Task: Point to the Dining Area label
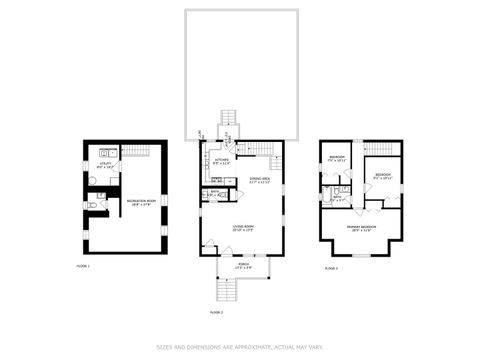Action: point(260,180)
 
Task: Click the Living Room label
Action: point(241,229)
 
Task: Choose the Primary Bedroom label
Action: point(362,228)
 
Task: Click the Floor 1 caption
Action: point(83,267)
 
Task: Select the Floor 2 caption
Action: point(215,313)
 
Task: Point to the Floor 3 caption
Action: point(331,269)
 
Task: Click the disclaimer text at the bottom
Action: point(240,348)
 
